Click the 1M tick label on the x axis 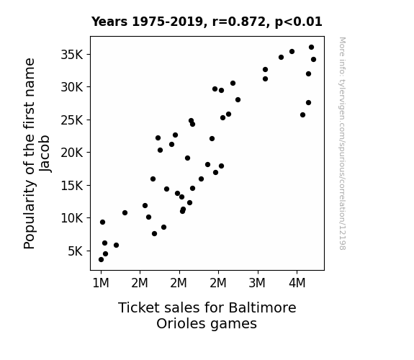(101, 283)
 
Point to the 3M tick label (257, 283)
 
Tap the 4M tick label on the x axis (297, 283)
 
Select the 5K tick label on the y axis (76, 251)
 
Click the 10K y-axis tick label (72, 218)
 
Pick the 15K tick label (72, 186)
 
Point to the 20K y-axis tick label (72, 153)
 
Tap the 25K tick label (72, 120)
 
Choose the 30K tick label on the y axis (72, 87)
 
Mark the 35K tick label (72, 55)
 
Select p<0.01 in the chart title (299, 22)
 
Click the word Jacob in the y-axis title (45, 153)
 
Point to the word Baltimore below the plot (262, 307)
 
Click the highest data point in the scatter (311, 48)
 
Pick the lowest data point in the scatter (101, 260)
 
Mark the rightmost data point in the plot (313, 60)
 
